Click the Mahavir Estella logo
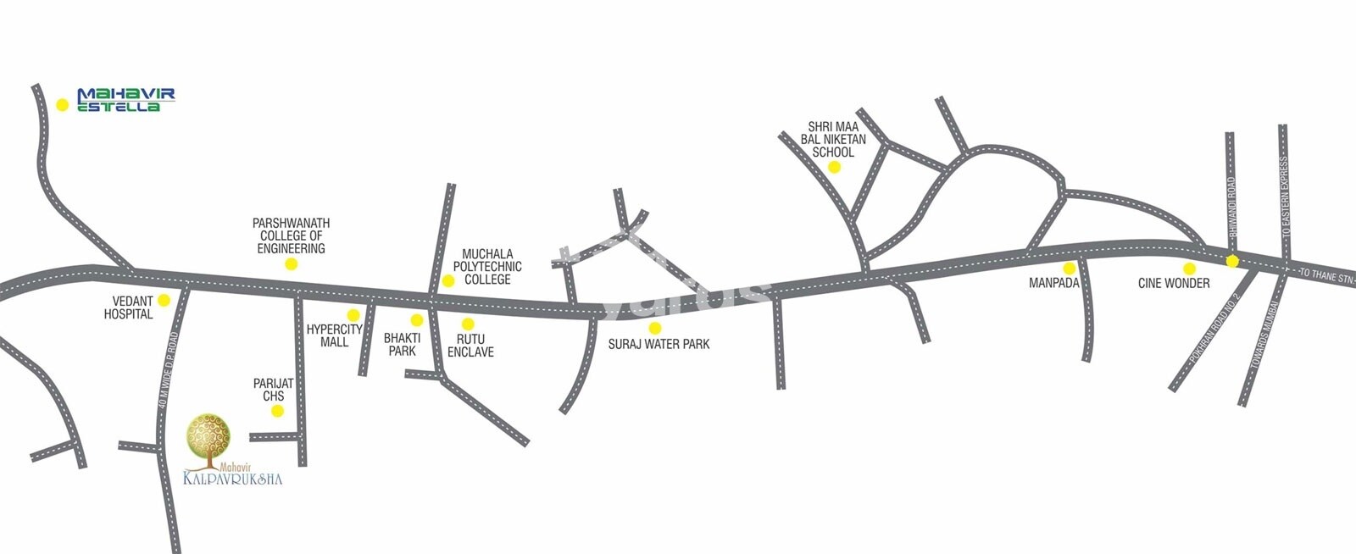[125, 100]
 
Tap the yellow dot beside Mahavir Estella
[62, 105]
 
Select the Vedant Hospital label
[129, 307]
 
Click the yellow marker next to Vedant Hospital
[164, 300]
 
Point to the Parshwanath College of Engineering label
[291, 235]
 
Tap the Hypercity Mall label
[335, 335]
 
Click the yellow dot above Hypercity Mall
[353, 315]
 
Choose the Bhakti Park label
[402, 344]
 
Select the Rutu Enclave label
[470, 346]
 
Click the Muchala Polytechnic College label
[492, 266]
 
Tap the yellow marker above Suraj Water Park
[654, 328]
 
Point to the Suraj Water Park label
[659, 344]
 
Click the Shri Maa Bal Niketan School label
[833, 140]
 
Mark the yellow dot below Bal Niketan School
[834, 167]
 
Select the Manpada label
[1053, 283]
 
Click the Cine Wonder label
[1174, 283]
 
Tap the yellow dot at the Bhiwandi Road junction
[1232, 261]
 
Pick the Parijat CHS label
[273, 390]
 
